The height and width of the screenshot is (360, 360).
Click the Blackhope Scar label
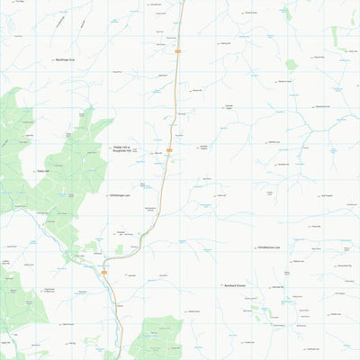click(x=69, y=60)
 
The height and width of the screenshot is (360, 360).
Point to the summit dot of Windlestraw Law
click(x=254, y=247)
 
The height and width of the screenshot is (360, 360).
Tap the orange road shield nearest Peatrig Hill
click(x=169, y=150)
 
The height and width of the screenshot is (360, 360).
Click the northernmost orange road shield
click(x=178, y=50)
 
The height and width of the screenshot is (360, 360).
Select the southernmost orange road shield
click(x=104, y=272)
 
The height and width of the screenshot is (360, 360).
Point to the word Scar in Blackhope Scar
click(x=78, y=60)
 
